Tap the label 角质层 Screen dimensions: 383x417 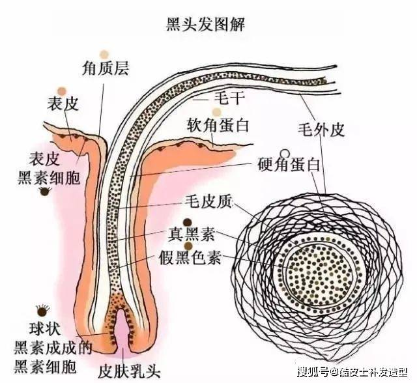point(106,68)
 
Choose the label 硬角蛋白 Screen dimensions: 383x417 point(289,165)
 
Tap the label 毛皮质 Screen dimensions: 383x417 point(205,202)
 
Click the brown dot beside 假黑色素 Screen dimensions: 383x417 point(188,246)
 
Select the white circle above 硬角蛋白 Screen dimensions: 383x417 point(283,154)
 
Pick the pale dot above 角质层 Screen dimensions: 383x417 point(103,53)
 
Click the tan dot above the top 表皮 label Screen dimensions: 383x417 point(61,91)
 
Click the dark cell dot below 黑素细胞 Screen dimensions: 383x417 point(45,192)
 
